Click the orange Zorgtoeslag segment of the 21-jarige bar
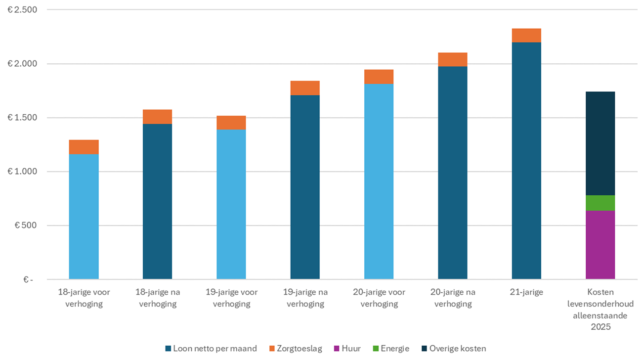click(x=526, y=36)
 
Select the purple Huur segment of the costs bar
click(x=600, y=245)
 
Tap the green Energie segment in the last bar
click(x=600, y=203)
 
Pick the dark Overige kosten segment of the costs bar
click(x=600, y=143)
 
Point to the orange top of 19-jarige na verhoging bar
click(x=305, y=88)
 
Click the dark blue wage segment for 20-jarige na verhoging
click(x=452, y=173)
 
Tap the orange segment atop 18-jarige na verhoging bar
click(x=157, y=117)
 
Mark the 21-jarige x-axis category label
click(x=526, y=292)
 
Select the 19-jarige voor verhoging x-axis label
click(x=231, y=298)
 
